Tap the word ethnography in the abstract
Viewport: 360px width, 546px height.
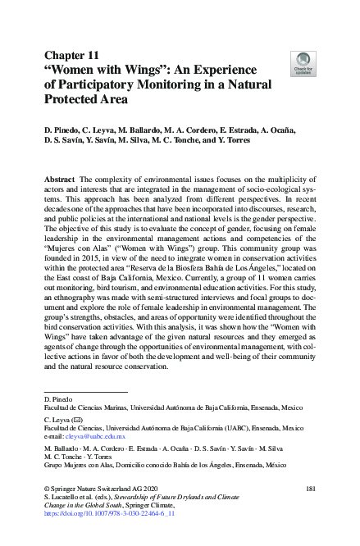coord(89,327)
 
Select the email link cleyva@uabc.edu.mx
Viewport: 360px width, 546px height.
coord(84,435)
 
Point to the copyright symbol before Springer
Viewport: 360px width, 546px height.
coord(47,489)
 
